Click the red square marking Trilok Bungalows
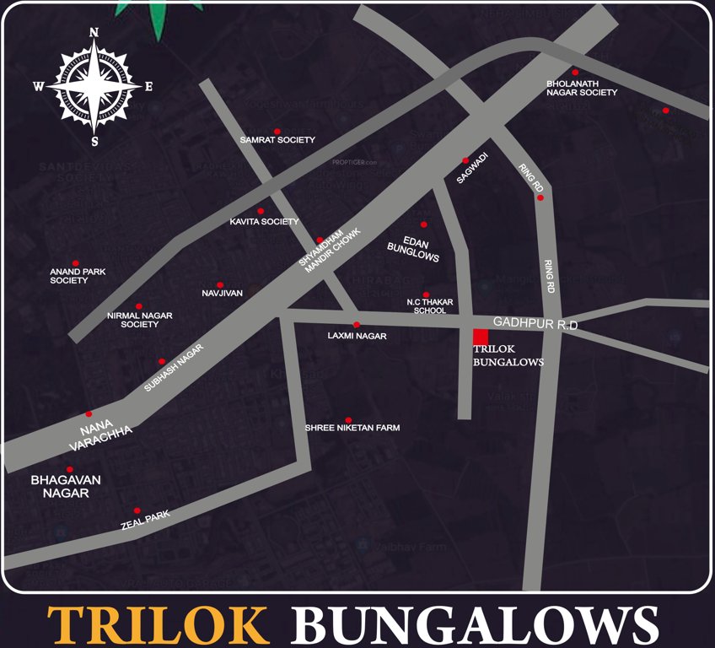point(480,337)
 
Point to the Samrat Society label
point(277,140)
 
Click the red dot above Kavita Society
point(261,211)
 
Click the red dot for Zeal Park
point(137,510)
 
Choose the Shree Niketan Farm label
point(352,428)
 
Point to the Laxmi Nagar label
point(357,336)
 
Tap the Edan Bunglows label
point(414,246)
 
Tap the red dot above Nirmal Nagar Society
point(139,306)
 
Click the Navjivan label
point(222,293)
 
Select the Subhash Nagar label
point(175,368)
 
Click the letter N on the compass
point(94,33)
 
